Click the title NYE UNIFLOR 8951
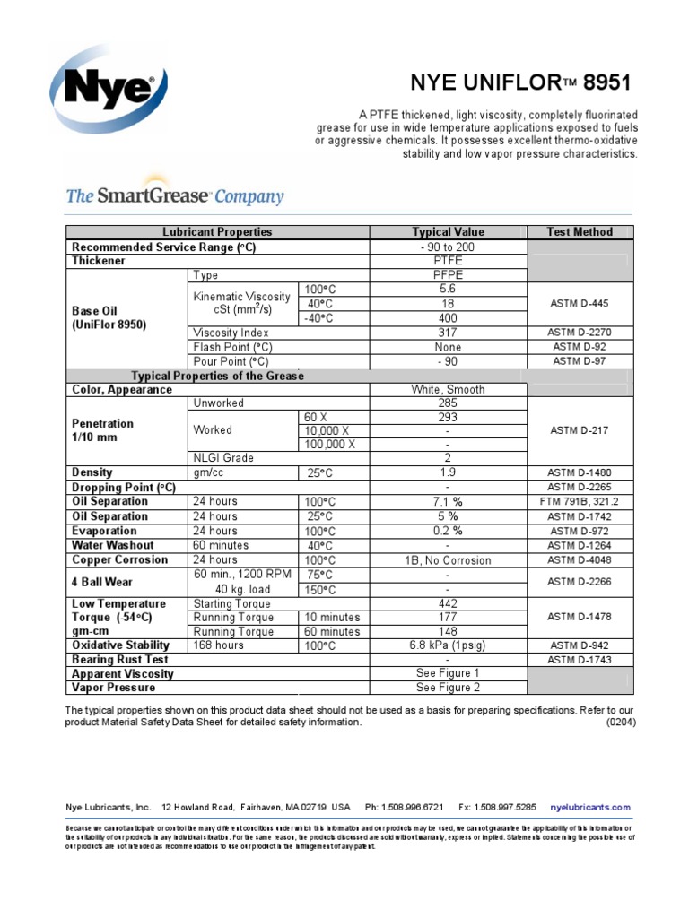pyautogui.click(x=520, y=83)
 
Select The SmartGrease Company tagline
pyautogui.click(x=175, y=196)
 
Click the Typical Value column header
pyautogui.click(x=448, y=232)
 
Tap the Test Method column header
pyautogui.click(x=580, y=232)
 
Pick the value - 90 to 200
pyautogui.click(x=448, y=247)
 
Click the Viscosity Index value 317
pyautogui.click(x=448, y=333)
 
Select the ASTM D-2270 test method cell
pyautogui.click(x=580, y=333)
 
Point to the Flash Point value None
pyautogui.click(x=448, y=347)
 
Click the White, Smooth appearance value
pyautogui.click(x=448, y=390)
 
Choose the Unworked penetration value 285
pyautogui.click(x=448, y=403)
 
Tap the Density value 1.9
pyautogui.click(x=448, y=472)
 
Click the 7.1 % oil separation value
pyautogui.click(x=448, y=502)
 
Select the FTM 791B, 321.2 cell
pyautogui.click(x=580, y=502)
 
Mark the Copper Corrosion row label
pyautogui.click(x=119, y=559)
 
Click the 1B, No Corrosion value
pyautogui.click(x=448, y=560)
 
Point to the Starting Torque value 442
pyautogui.click(x=448, y=604)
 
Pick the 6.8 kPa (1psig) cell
pyautogui.click(x=448, y=645)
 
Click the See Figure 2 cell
pyautogui.click(x=448, y=688)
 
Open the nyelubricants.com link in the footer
pyautogui.click(x=590, y=807)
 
